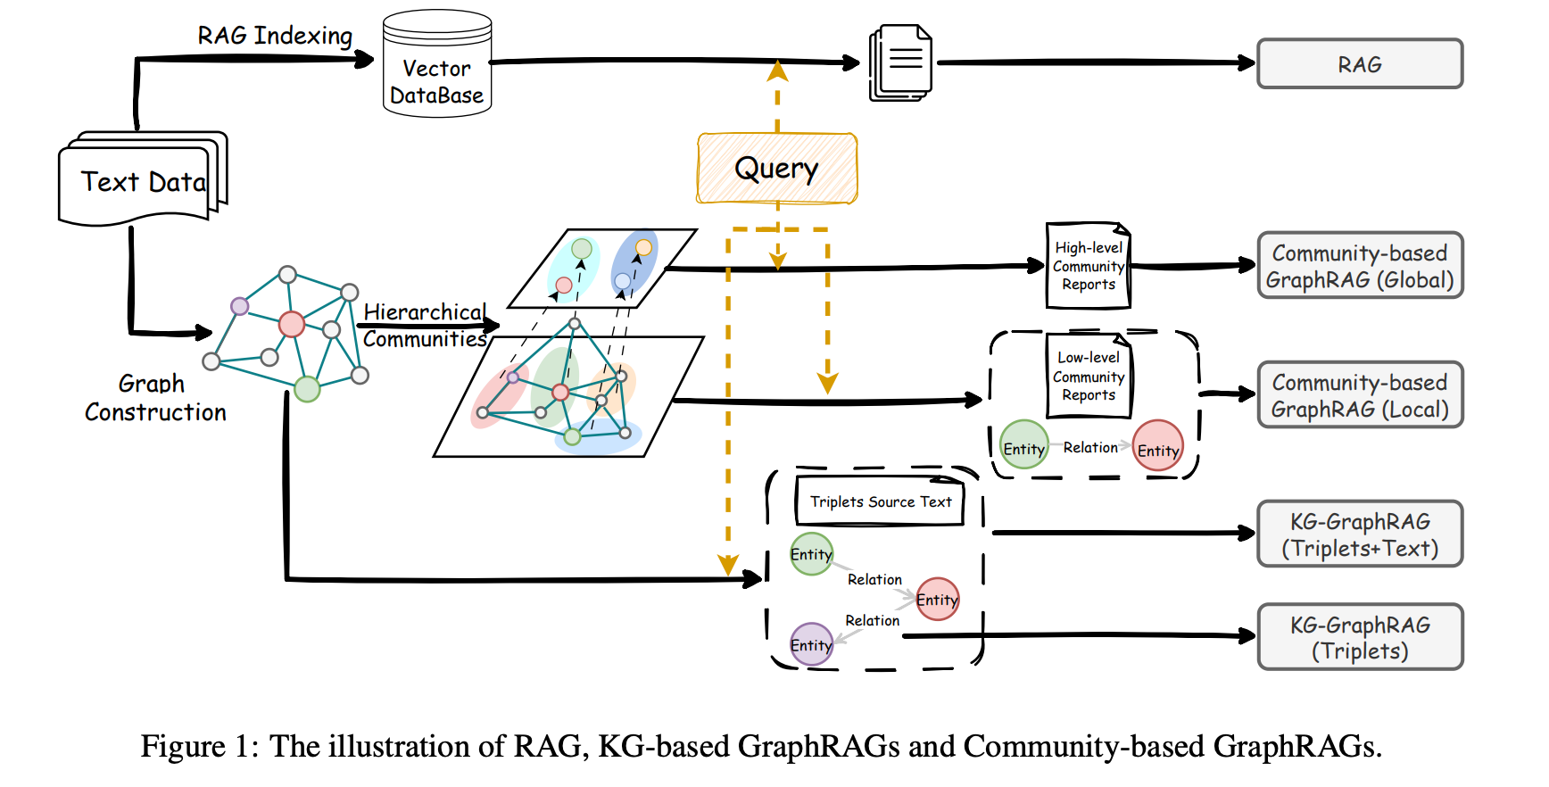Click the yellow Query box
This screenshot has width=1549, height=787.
(776, 169)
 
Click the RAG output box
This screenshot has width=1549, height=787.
(1359, 64)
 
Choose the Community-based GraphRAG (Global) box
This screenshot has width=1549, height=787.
(1359, 266)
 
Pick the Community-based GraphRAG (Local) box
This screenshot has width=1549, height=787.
(1359, 395)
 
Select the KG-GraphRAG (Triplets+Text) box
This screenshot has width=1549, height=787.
(1359, 534)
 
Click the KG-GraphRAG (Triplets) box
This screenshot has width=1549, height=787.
(1359, 637)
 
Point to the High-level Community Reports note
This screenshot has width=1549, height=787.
(1088, 266)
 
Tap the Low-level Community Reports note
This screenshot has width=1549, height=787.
(1088, 376)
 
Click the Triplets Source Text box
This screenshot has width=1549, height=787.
(880, 501)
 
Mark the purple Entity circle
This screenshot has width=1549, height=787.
(811, 644)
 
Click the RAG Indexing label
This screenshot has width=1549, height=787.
(275, 36)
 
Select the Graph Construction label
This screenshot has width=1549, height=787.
(155, 398)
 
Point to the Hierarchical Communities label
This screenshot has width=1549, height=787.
(425, 326)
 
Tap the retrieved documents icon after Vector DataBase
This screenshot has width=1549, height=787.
(901, 62)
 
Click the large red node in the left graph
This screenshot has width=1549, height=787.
(292, 324)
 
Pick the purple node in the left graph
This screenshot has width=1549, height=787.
(239, 306)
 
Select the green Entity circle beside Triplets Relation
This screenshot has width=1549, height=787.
(811, 554)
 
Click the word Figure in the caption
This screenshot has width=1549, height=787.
(183, 746)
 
